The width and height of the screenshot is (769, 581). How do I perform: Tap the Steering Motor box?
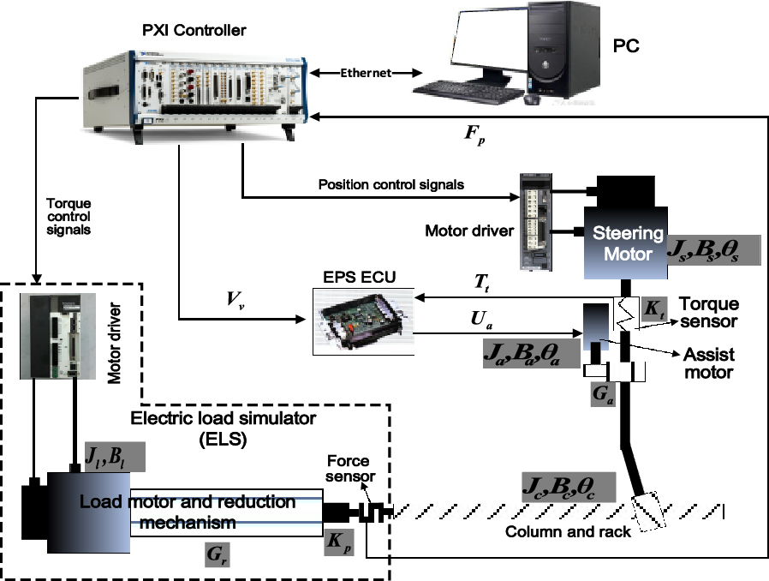point(629,242)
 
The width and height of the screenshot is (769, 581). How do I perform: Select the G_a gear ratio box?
point(604,395)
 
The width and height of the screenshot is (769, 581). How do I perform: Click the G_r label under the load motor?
point(217,555)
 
